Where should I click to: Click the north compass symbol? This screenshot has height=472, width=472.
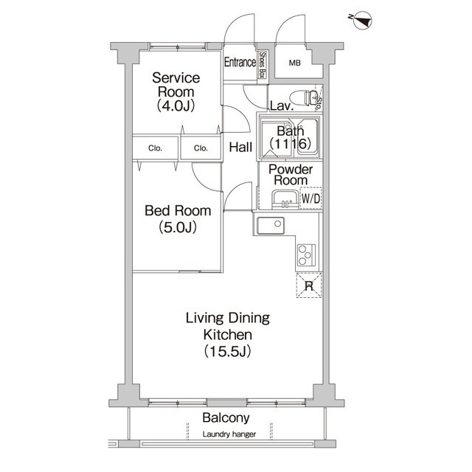362,21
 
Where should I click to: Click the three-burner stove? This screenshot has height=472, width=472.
307,255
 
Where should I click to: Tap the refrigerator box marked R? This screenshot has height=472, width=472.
309,285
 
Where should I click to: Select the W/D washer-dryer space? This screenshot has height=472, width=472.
311,198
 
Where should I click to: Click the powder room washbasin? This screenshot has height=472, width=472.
285,200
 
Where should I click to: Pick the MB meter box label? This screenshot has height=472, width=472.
295,63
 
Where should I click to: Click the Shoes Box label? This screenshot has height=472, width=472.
263,65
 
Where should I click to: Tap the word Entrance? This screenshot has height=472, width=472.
240,62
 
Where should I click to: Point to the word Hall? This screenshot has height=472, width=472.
240,147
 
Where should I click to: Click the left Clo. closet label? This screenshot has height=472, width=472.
155,148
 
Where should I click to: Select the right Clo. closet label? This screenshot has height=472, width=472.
201,148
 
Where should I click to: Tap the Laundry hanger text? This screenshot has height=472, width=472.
229,434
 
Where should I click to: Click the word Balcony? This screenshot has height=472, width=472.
226,418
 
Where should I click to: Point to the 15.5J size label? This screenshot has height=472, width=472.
228,351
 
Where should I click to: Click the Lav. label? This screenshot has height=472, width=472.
282,106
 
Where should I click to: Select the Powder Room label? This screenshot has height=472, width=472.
291,175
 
